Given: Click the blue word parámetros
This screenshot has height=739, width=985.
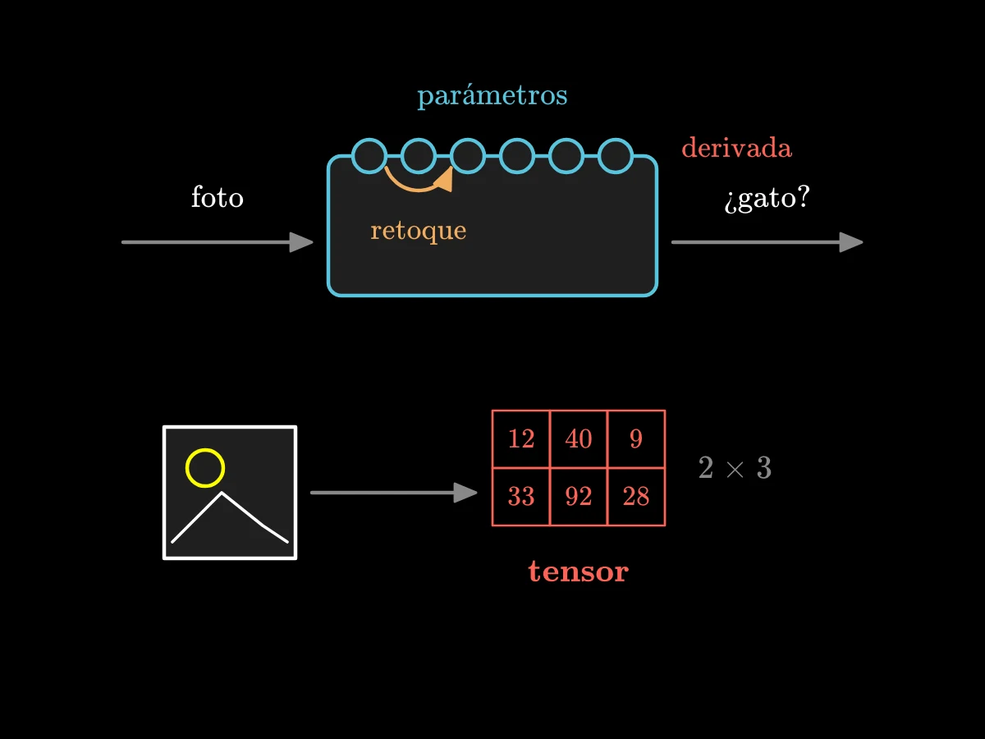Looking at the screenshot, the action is point(492,95).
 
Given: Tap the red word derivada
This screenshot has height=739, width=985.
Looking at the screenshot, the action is point(737,148).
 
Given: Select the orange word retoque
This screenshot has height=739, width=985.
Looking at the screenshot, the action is point(419,231).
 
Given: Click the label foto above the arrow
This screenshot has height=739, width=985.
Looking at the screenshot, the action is point(218,197).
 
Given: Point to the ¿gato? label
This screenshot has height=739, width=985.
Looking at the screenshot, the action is point(767,199).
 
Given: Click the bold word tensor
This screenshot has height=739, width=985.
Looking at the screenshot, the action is point(579,571).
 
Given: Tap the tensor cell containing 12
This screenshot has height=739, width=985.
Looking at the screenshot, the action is point(521,438).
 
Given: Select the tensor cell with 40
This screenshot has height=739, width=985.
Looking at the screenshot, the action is point(579,438).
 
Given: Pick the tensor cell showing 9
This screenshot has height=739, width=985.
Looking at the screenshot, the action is point(636,438).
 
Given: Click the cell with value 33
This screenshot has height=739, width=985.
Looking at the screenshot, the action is point(521,497).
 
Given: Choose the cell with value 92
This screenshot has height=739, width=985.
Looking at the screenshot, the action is point(579,497).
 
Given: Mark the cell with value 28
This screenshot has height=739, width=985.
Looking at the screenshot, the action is point(636,497).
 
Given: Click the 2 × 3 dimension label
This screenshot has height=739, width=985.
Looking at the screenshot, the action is point(735,467).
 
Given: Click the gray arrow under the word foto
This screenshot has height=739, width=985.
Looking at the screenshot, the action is point(218,242).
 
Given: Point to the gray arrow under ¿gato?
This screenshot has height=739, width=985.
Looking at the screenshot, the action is point(767,242).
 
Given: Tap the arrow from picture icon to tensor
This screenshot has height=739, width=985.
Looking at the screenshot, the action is point(393,493).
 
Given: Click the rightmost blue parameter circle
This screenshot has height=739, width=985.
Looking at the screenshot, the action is point(616,140).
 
